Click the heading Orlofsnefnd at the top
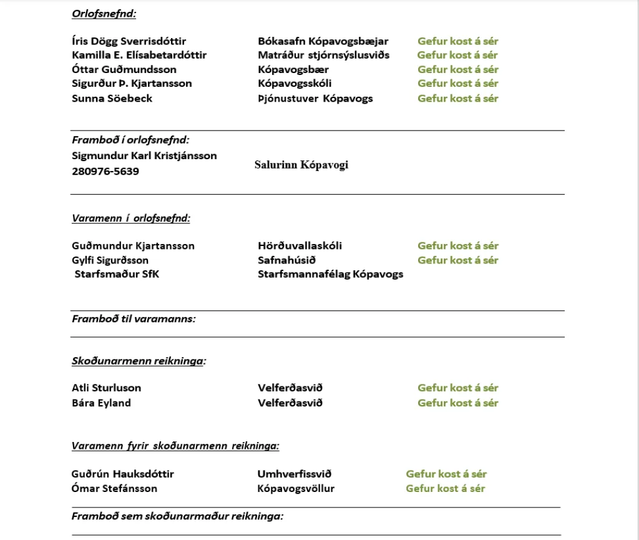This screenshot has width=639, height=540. (x=104, y=13)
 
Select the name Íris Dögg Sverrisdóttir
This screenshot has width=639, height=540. (x=129, y=41)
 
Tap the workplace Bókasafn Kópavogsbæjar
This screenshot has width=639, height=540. (x=323, y=41)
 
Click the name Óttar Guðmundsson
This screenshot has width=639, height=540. (x=124, y=69)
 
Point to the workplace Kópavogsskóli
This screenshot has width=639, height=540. (x=295, y=83)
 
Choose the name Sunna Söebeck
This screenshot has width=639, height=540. (x=112, y=98)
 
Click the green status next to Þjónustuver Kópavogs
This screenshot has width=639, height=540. (x=457, y=98)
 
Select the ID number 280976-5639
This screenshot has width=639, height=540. (x=105, y=171)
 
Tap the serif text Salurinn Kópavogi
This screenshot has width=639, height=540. (x=301, y=165)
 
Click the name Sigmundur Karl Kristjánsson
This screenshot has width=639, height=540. (x=144, y=155)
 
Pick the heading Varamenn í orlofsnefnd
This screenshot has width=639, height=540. (x=130, y=218)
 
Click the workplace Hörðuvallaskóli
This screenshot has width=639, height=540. (x=300, y=245)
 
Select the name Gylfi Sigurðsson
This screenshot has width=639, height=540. (x=110, y=260)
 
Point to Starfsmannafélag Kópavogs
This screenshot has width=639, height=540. (x=330, y=274)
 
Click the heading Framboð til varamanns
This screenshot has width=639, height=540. (x=133, y=318)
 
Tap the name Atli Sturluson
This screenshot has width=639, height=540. (x=106, y=388)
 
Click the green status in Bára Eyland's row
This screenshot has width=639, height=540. (x=457, y=403)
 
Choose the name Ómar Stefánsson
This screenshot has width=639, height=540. (x=114, y=488)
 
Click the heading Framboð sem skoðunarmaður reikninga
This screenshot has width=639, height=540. (x=177, y=516)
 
